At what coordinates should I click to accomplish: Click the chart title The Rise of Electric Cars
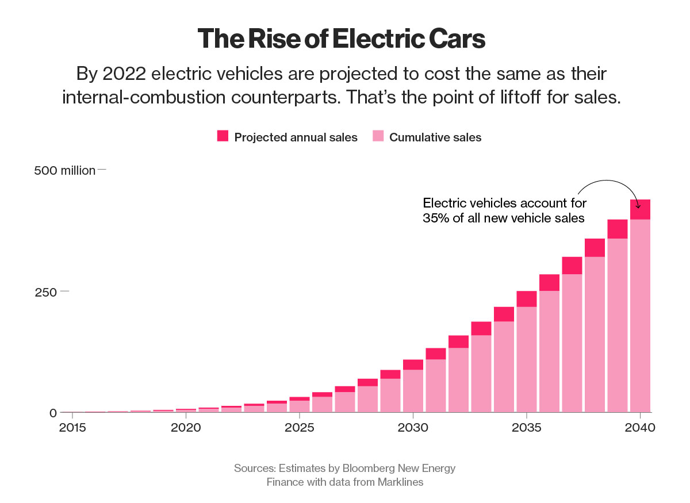pyautogui.click(x=342, y=39)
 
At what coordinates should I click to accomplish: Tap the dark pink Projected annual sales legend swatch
pyautogui.click(x=223, y=136)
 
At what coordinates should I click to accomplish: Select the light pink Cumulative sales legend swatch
pyautogui.click(x=378, y=136)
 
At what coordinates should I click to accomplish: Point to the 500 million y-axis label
pyautogui.click(x=64, y=171)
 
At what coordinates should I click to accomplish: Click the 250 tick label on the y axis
pyautogui.click(x=47, y=292)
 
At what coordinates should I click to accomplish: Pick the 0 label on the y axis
pyautogui.click(x=53, y=413)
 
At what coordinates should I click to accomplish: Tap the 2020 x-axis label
pyautogui.click(x=186, y=428)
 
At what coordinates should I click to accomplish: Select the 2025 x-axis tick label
pyautogui.click(x=299, y=428)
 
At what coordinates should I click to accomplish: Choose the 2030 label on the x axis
pyautogui.click(x=413, y=428)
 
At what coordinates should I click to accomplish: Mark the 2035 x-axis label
pyautogui.click(x=527, y=428)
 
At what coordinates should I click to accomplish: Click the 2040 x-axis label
pyautogui.click(x=640, y=428)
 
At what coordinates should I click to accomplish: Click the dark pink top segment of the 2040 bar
pyautogui.click(x=640, y=209)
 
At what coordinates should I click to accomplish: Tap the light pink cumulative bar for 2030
pyautogui.click(x=413, y=391)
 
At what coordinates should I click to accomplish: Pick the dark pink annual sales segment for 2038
pyautogui.click(x=595, y=248)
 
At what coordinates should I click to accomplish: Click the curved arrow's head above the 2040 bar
pyautogui.click(x=638, y=205)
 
